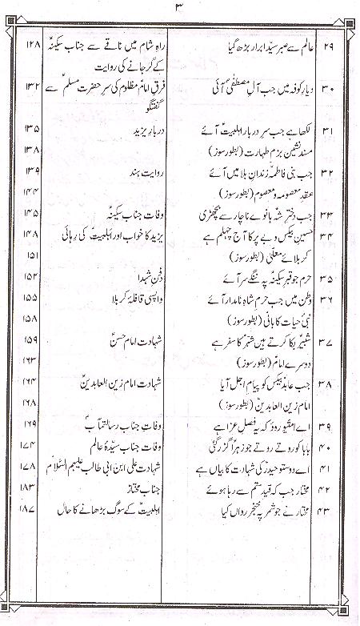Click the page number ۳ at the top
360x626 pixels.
[x=179, y=9]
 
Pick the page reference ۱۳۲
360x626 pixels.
[x=31, y=85]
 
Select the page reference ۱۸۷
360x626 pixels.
[x=31, y=509]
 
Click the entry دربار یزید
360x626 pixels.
[x=128, y=128]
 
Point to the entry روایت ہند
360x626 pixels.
[x=130, y=172]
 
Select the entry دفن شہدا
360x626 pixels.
[x=133, y=279]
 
